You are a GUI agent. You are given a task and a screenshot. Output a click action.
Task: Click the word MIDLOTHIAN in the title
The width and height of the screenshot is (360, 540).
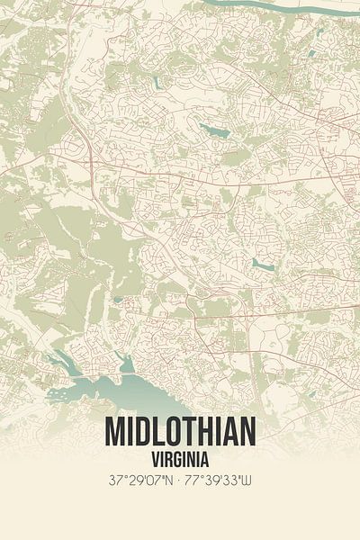(x=180, y=432)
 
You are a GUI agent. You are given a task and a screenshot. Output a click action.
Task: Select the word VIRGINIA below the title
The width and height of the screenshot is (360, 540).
(x=180, y=458)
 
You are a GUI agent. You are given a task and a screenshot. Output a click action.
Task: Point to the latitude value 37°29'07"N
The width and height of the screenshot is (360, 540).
(x=140, y=480)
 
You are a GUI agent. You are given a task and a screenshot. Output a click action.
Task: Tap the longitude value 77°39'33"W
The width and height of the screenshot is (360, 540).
(x=220, y=480)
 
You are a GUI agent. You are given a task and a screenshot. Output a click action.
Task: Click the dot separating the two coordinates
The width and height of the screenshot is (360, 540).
(x=180, y=480)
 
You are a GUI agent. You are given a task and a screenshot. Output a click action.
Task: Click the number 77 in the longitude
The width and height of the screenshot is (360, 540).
(x=193, y=480)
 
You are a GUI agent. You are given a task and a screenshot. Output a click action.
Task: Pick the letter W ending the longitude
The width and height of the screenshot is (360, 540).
(x=250, y=480)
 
